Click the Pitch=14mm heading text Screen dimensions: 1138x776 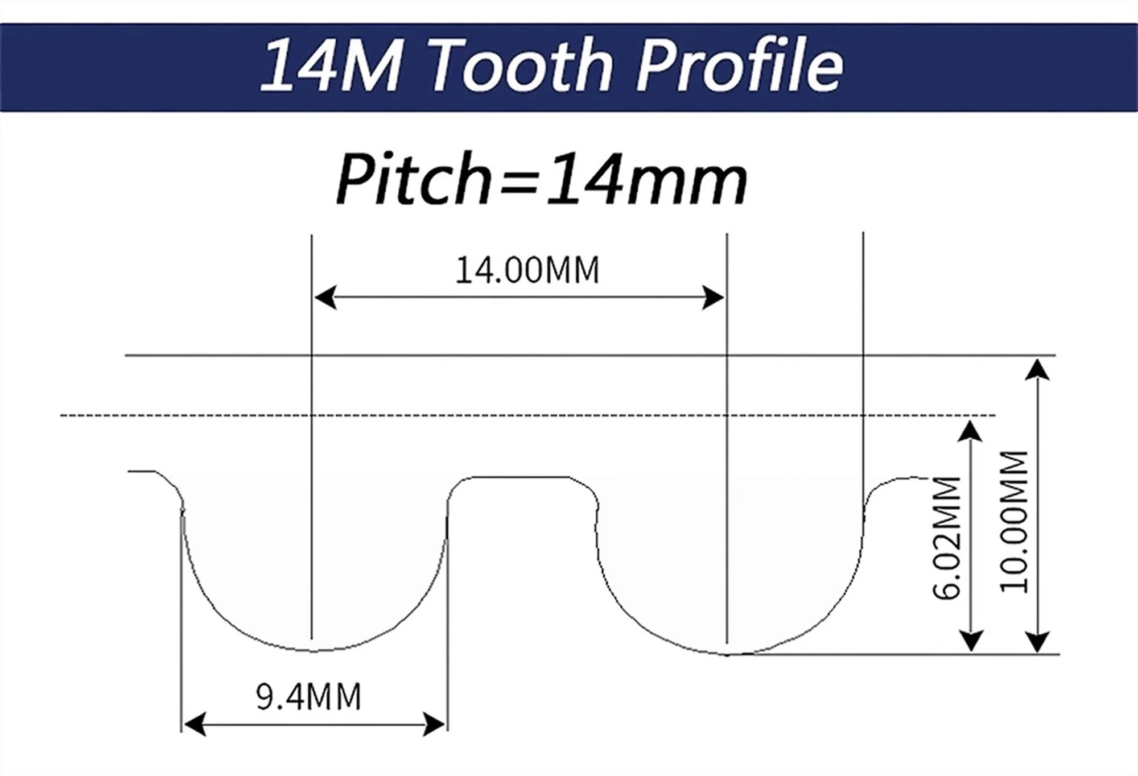tap(541, 179)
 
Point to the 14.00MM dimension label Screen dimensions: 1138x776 tap(527, 270)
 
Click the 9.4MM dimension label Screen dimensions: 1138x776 tap(308, 696)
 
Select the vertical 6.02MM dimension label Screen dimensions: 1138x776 tap(946, 538)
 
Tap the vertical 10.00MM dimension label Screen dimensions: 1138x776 tap(1015, 522)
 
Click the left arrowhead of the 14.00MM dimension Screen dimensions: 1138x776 tap(324, 298)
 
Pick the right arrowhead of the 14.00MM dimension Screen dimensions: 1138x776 tap(714, 298)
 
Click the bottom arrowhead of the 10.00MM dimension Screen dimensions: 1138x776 tap(1040, 643)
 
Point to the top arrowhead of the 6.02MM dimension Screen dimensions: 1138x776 tap(971, 430)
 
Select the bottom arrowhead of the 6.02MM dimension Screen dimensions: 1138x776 tap(971, 642)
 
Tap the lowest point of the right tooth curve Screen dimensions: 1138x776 tap(727, 655)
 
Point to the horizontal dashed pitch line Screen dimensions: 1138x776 tap(512, 415)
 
